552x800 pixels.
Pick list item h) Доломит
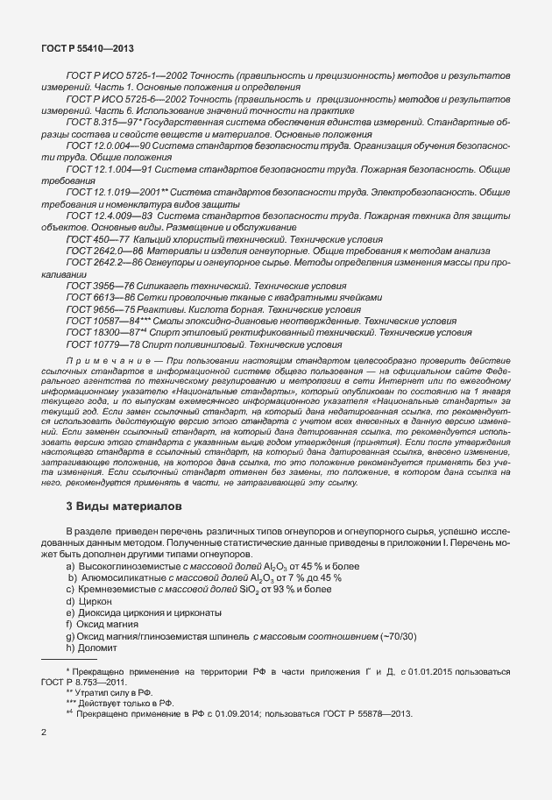pyautogui.click(x=97, y=648)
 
